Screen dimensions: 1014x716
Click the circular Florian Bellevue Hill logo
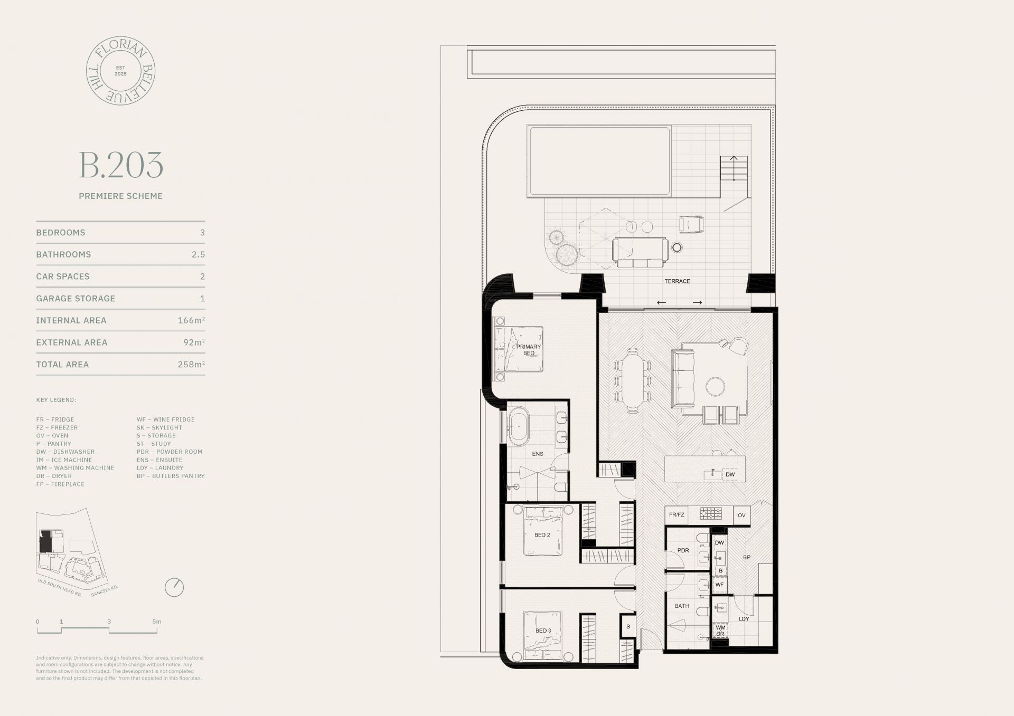120,71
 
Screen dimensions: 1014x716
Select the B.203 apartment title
121,165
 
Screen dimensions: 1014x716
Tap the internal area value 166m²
191,320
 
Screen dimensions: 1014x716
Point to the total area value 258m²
191,364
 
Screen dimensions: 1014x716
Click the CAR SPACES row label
63,276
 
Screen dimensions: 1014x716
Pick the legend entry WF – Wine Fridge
166,419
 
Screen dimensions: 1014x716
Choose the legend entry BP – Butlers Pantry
171,476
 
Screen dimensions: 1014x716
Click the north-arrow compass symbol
174,587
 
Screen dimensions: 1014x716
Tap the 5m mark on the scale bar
157,622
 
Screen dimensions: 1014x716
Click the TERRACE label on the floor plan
677,281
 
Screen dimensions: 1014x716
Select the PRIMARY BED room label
529,350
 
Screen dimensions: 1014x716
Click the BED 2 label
542,535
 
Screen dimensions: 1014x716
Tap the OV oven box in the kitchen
741,515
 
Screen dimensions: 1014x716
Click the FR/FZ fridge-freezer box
676,515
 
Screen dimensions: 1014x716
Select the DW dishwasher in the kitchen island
730,474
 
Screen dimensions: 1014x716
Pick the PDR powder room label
683,550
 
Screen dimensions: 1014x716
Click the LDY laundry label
744,618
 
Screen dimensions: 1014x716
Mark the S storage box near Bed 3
628,627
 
